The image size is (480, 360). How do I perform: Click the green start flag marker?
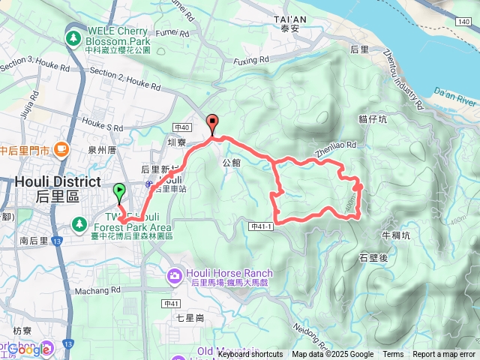pyautogui.click(x=119, y=192)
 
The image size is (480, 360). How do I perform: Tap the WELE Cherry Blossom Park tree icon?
pyautogui.click(x=73, y=37)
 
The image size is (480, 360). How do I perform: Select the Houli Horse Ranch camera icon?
pyautogui.click(x=175, y=277)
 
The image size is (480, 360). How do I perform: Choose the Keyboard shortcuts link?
pyautogui.click(x=250, y=355)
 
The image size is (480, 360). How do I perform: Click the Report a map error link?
pyautogui.click(x=444, y=355)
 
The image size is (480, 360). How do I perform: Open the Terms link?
pyautogui.click(x=393, y=355)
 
